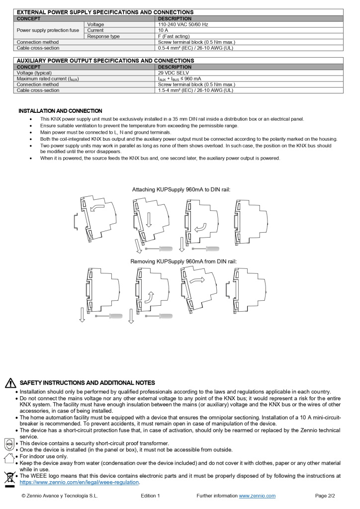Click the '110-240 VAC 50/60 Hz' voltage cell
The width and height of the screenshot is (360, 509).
[182, 24]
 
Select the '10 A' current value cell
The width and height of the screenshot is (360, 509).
[164, 30]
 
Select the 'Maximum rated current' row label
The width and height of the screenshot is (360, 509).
[48, 79]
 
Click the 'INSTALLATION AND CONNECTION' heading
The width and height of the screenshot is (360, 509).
[60, 111]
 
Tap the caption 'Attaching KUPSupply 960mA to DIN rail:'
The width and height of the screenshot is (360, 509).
[181, 189]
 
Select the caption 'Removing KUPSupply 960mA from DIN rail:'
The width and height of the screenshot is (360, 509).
[183, 261]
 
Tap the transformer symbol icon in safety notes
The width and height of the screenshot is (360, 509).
[9, 443]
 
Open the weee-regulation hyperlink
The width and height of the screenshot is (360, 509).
[80, 482]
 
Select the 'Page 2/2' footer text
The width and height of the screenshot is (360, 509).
[325, 496]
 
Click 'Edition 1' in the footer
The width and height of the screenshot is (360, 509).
[150, 496]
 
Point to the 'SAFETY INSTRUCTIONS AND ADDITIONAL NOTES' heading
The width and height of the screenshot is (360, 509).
[87, 383]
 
